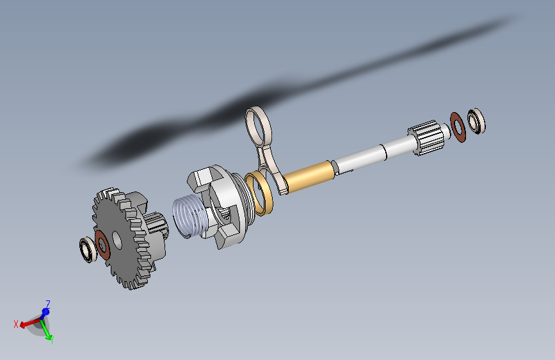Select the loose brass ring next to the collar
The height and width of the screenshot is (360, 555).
(261, 192)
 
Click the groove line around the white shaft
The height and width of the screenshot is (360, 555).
(382, 151)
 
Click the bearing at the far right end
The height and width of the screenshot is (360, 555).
(476, 120)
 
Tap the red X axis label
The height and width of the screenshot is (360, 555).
(17, 324)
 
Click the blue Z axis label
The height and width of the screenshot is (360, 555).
(48, 304)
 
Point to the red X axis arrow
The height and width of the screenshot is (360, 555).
(28, 323)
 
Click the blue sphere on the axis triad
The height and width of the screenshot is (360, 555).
(45, 313)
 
